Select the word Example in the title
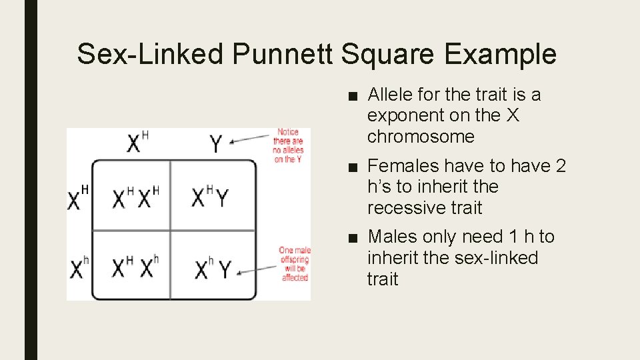[x=500, y=54]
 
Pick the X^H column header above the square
[x=137, y=143]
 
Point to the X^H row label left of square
[x=79, y=198]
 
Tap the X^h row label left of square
[x=78, y=269]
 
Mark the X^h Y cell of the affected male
[x=213, y=269]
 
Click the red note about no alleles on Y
[x=288, y=146]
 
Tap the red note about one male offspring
[x=294, y=264]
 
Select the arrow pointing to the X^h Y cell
[x=257, y=269]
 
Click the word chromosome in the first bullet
[x=421, y=137]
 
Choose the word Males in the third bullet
[x=391, y=237]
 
